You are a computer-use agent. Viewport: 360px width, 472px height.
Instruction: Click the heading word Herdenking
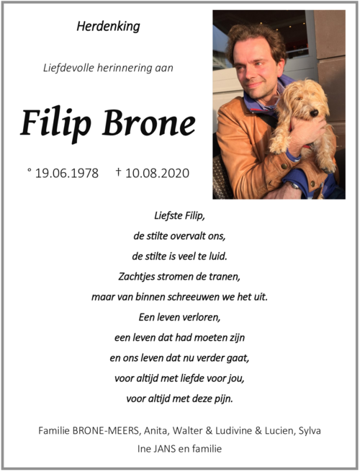tap(108, 27)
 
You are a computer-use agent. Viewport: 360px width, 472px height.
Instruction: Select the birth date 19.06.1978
tap(67, 174)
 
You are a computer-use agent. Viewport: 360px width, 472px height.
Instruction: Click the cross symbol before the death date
tap(118, 173)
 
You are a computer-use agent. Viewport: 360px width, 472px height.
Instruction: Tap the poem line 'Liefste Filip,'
tap(179, 215)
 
